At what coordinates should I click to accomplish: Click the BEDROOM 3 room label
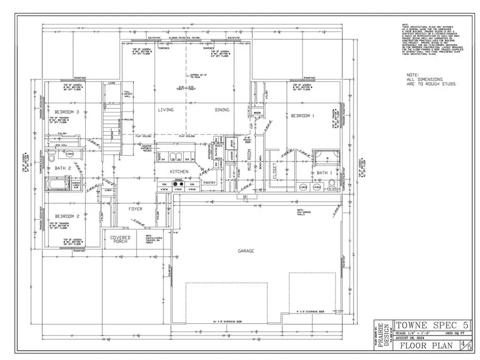click(x=67, y=112)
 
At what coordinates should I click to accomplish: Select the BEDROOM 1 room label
click(x=302, y=115)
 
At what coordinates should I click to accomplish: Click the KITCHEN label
click(x=179, y=172)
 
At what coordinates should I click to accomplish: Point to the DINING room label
click(x=222, y=110)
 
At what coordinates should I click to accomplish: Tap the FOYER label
click(x=136, y=209)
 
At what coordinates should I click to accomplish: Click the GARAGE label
click(x=246, y=250)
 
